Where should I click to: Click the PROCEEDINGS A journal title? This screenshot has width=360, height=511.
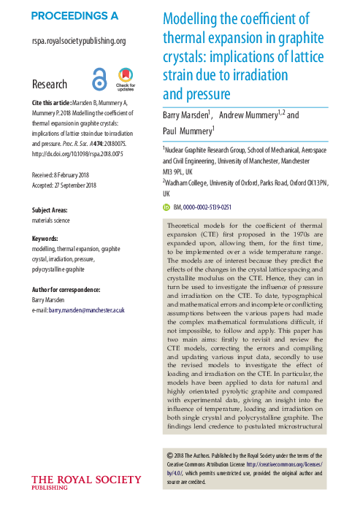74,16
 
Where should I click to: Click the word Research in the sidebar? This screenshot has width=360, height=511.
50,85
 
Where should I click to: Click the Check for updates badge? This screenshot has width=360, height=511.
126,79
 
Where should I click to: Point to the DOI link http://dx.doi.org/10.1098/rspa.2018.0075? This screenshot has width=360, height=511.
76,153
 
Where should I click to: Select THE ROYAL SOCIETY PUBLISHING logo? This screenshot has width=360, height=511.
86,482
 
